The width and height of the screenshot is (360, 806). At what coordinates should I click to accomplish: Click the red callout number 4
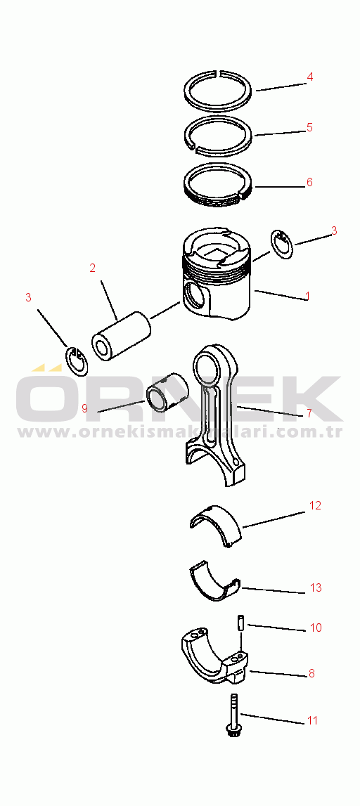[309, 77]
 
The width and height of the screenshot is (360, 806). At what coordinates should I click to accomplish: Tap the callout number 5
[309, 127]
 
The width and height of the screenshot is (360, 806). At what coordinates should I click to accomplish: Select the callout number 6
[309, 183]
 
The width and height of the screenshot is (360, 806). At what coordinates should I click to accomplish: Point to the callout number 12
[315, 506]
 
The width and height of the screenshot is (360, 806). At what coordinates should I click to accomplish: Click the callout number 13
[316, 587]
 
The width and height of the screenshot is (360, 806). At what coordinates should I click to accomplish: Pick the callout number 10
[316, 628]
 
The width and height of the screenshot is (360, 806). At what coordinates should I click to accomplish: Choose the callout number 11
[313, 721]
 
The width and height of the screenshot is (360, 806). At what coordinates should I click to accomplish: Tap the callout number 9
[84, 408]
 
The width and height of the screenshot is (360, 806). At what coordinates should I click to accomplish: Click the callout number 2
[93, 268]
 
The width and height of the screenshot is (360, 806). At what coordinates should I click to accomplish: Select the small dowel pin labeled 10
[240, 622]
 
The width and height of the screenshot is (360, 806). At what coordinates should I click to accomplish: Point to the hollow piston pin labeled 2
[120, 336]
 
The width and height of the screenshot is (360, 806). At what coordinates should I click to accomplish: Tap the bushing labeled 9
[167, 393]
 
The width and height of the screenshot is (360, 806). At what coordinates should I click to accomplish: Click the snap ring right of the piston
[282, 245]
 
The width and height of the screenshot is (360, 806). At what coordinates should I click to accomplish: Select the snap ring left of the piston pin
[77, 361]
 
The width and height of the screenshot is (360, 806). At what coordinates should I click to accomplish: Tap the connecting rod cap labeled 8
[214, 656]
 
